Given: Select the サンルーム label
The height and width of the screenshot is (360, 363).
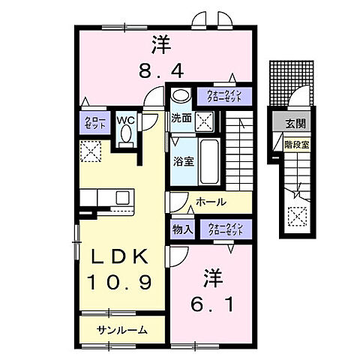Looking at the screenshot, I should [x=121, y=330].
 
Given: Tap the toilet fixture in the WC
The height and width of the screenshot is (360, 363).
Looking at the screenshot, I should [x=125, y=135].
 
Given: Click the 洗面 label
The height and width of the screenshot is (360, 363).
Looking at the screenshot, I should [x=181, y=118].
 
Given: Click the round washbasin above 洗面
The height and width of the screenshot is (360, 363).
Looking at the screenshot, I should [x=179, y=96].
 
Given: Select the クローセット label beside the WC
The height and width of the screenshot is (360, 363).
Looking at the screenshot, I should [x=94, y=123].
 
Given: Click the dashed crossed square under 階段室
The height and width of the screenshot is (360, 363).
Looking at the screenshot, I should [x=297, y=217].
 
